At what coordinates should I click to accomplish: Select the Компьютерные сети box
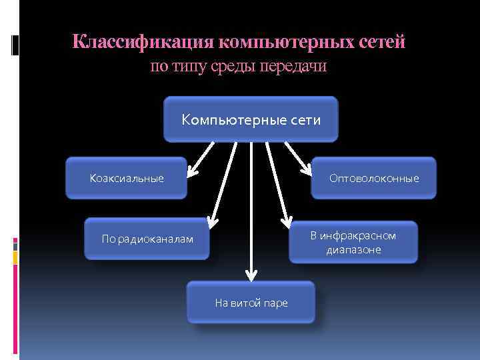pos(251,119)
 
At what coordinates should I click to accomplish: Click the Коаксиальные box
pos(126,178)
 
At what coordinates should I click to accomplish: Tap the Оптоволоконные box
pos(374,178)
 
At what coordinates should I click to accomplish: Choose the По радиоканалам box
pos(147,238)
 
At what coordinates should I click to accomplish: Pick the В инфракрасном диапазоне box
pos(353,242)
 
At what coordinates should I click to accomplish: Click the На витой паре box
pos(251,303)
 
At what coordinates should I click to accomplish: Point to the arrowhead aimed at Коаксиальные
pos(193,172)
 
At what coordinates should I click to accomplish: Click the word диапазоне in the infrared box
pos(353,250)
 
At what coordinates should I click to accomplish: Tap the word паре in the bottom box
pos(275,303)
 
